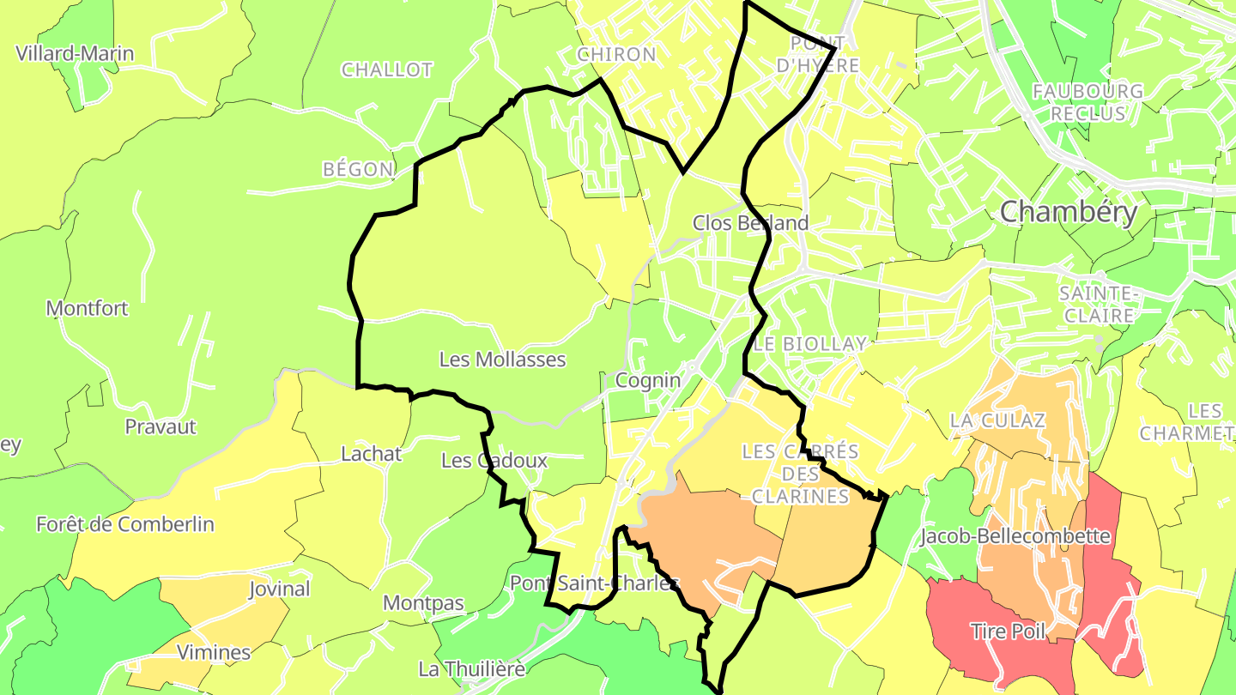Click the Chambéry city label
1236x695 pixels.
pos(1069,212)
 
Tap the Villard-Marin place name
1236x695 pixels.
pos(76,54)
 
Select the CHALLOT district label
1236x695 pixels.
pos(387,70)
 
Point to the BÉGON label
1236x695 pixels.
pos(358,170)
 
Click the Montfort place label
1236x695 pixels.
pos(88,308)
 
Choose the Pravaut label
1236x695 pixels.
pos(161,426)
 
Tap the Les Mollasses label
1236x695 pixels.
pos(502,360)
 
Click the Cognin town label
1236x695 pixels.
pos(648,380)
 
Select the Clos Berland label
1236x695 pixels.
pos(750,223)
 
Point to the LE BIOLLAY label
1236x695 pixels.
pos(810,344)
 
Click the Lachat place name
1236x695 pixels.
pos(371,454)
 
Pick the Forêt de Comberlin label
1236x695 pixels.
pos(125,524)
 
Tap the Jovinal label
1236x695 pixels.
pos(279,589)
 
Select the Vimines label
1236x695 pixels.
pos(214,652)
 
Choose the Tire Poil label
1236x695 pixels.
pos(1008,632)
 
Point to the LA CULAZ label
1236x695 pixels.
pos(997,420)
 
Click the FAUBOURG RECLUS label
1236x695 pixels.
pos(1088,102)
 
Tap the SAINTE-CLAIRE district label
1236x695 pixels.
pos(1098,305)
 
